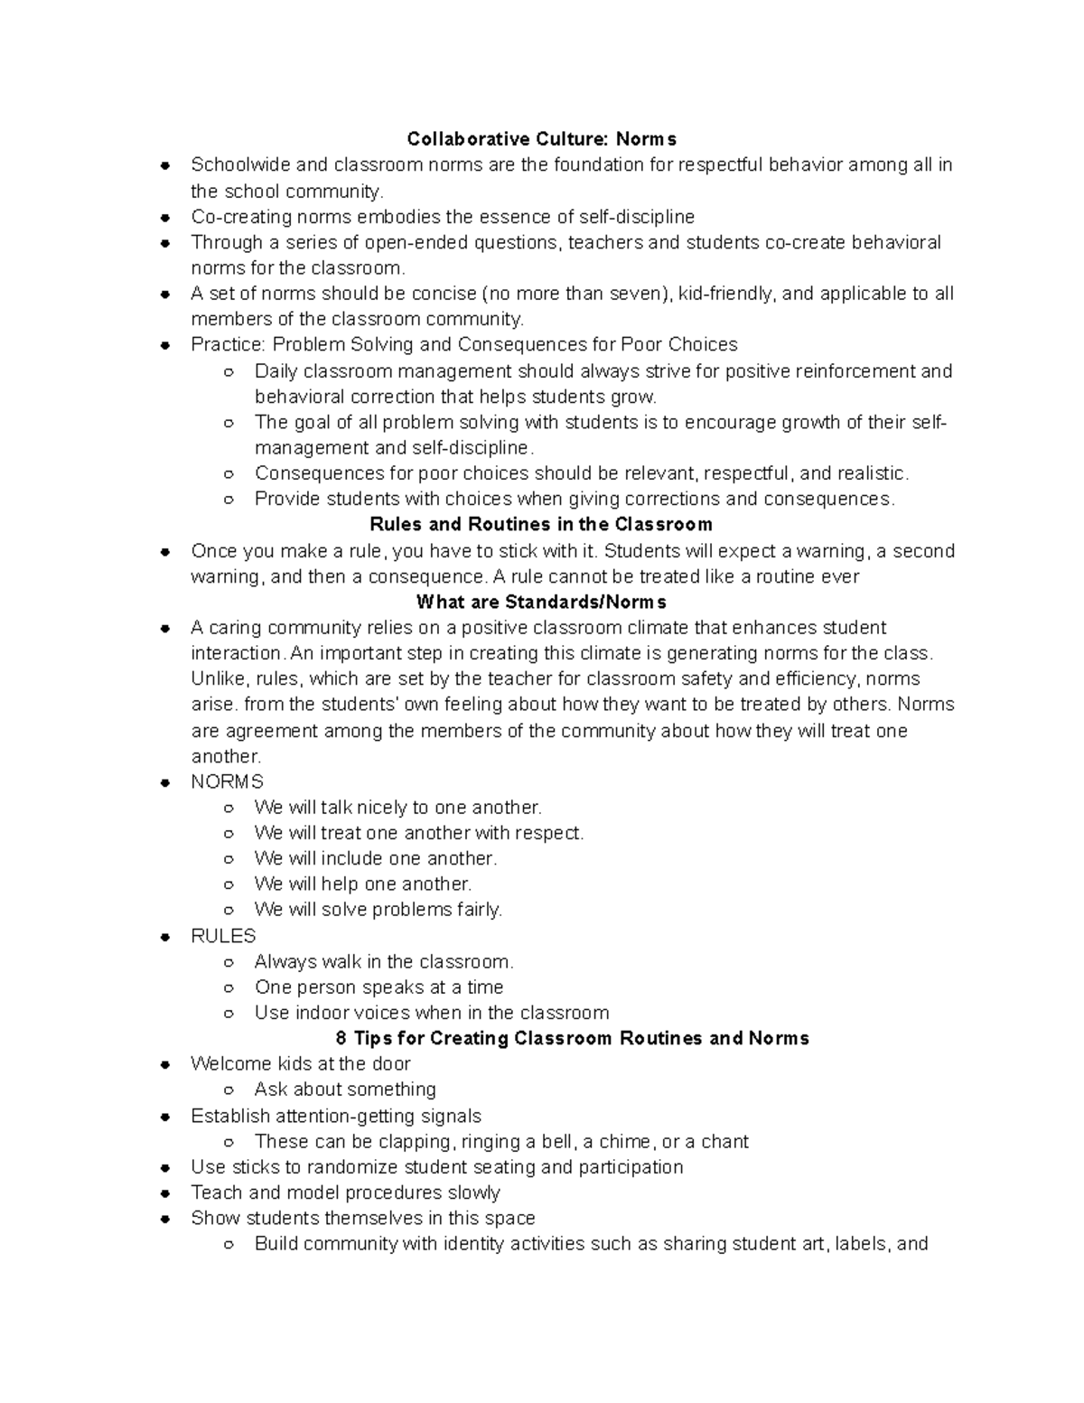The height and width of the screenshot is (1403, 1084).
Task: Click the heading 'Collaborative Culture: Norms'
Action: click(x=541, y=139)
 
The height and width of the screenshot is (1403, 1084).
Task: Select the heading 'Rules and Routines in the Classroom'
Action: click(x=541, y=525)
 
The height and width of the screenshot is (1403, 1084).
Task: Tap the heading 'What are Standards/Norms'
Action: click(x=541, y=602)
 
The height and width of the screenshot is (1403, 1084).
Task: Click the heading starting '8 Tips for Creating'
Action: click(x=572, y=1038)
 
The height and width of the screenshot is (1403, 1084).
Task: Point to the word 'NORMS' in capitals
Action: click(x=227, y=781)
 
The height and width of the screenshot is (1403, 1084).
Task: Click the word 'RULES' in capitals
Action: click(x=223, y=936)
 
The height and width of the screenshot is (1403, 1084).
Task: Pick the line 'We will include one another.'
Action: click(x=376, y=858)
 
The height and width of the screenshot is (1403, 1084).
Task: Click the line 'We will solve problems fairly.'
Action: click(x=378, y=910)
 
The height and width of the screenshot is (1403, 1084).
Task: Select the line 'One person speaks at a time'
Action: click(x=378, y=987)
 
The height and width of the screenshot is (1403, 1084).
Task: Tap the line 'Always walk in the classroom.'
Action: click(x=384, y=962)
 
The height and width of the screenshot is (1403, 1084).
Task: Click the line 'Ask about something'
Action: click(x=345, y=1090)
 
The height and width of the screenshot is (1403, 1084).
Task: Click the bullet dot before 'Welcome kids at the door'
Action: click(x=165, y=1065)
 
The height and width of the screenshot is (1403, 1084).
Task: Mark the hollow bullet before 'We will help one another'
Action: click(x=229, y=885)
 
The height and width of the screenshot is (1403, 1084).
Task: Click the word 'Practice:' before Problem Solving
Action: click(x=229, y=345)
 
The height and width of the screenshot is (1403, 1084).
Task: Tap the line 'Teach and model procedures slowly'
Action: click(x=345, y=1193)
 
